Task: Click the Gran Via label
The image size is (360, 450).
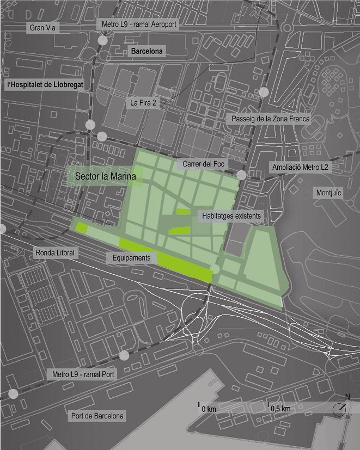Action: [x=44, y=27]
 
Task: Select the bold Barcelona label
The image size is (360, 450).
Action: [x=147, y=52]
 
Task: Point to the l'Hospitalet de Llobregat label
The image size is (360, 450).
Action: [x=41, y=85]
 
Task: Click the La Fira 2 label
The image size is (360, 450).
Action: [x=143, y=102]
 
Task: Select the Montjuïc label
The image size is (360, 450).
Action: [x=328, y=193]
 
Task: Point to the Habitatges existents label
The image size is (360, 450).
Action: [x=231, y=216]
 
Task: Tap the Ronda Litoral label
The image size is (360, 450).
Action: [x=54, y=252]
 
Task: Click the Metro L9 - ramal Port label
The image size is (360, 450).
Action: [x=82, y=375]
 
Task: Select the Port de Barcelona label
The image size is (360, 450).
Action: [x=98, y=416]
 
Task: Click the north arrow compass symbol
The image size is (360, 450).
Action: [x=339, y=409]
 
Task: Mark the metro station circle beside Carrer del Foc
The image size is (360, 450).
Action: [x=241, y=174]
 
